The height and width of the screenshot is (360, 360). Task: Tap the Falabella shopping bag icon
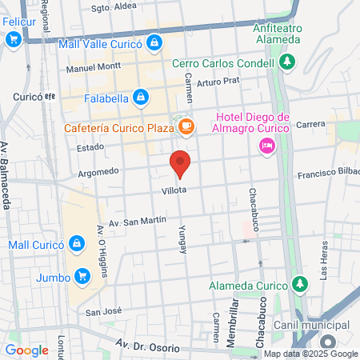coord(141,98)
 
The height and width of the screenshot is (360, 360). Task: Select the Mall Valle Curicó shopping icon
coord(155,43)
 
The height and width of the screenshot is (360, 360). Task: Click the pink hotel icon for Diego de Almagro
coord(266,145)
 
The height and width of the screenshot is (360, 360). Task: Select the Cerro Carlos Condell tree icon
coord(288,61)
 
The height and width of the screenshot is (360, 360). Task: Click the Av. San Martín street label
coord(137,220)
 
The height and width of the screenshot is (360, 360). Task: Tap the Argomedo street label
coord(98,171)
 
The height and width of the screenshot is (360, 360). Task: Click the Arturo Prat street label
coord(218,81)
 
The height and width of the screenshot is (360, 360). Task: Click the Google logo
coord(26,350)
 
